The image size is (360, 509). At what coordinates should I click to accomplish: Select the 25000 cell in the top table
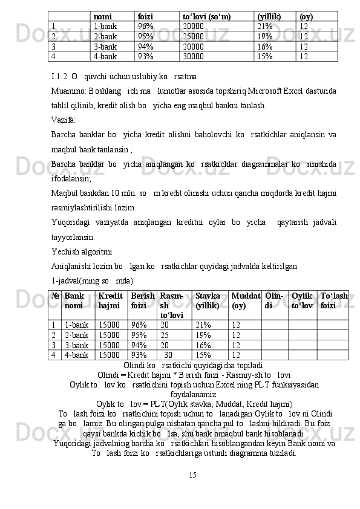point(193,36)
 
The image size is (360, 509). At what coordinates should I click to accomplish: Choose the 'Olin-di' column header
point(273,301)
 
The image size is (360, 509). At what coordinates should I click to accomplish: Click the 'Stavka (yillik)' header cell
point(208,301)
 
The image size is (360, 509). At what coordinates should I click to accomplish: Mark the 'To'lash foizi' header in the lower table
point(334,301)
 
